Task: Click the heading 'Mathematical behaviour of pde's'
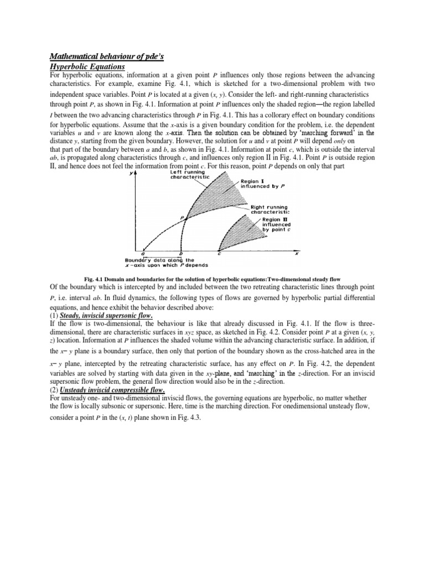pos(108,56)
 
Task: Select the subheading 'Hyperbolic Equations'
pos(87,66)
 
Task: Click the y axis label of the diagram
pos(131,173)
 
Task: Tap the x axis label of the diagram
pos(296,254)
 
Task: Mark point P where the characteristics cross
pos(182,218)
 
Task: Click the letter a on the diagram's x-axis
pos(143,254)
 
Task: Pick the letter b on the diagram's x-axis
pos(181,254)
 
